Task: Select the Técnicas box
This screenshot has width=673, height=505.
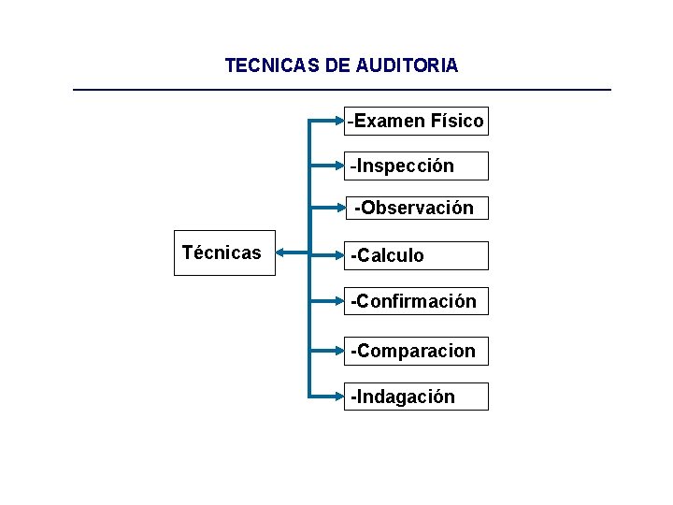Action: pos(224,253)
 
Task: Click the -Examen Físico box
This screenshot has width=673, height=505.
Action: pos(416,121)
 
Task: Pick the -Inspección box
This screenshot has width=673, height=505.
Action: pos(416,166)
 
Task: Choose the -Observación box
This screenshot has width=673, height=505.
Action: pos(416,208)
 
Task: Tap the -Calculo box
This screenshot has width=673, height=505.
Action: pos(416,255)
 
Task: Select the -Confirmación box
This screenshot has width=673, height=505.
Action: pos(416,301)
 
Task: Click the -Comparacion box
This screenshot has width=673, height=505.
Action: pos(416,351)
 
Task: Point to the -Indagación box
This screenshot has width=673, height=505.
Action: pos(416,397)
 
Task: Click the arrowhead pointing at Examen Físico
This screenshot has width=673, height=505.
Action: pos(340,121)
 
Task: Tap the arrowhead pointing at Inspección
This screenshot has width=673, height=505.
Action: pos(340,166)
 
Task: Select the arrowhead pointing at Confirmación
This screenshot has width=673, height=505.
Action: pos(340,301)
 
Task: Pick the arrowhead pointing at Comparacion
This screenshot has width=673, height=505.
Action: pos(340,351)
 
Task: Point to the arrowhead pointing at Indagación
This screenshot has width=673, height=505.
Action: pos(340,397)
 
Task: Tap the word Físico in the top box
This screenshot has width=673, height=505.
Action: pos(457,121)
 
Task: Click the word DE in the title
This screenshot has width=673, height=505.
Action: pos(335,66)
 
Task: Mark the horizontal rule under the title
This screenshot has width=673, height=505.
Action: pos(342,90)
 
